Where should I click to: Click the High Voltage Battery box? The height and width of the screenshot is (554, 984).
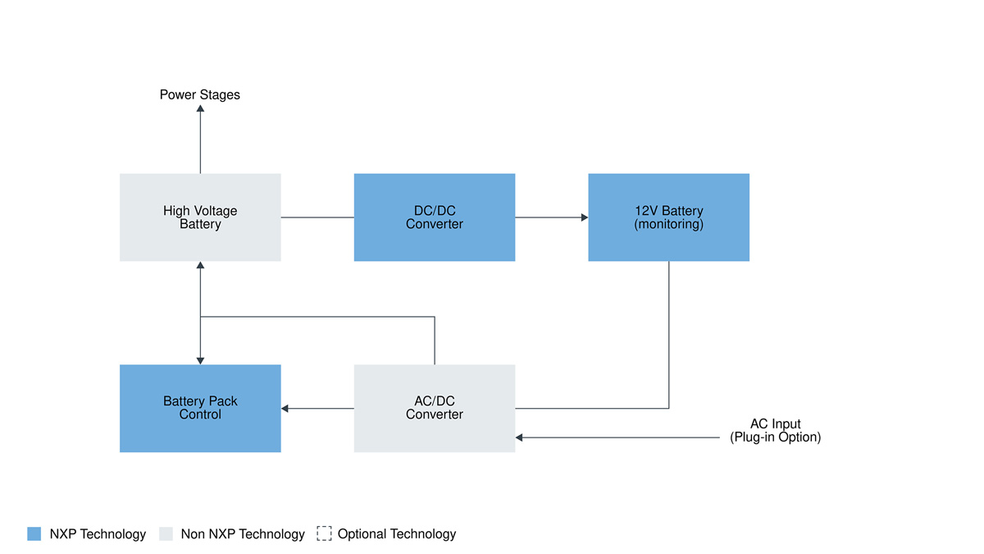[x=200, y=217]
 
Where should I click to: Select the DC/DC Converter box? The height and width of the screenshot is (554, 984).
[x=435, y=217]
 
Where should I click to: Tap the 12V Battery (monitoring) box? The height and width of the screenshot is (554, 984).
[x=668, y=217]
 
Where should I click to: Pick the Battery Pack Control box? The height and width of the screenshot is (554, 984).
[x=200, y=408]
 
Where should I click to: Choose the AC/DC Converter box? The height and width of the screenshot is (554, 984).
[x=435, y=408]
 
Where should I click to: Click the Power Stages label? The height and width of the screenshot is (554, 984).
[x=200, y=95]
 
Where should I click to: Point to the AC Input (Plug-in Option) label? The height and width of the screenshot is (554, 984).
[x=776, y=430]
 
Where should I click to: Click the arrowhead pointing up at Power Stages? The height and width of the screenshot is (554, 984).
[x=200, y=108]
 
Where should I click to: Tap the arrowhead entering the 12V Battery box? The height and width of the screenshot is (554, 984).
[x=585, y=217]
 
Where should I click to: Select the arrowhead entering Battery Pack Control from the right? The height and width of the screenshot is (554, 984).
[x=285, y=409]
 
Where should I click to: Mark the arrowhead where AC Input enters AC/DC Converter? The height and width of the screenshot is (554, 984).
[x=519, y=437]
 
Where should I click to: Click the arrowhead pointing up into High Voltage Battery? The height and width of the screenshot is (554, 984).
[x=200, y=265]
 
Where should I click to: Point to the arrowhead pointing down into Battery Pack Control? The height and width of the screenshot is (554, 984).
[x=200, y=361]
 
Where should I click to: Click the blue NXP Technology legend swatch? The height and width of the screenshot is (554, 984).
[x=34, y=533]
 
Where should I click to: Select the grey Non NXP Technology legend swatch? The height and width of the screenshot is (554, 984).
[x=166, y=533]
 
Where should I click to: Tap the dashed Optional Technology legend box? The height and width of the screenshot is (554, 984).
[x=324, y=533]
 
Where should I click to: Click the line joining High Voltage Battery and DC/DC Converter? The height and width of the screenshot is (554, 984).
[x=317, y=217]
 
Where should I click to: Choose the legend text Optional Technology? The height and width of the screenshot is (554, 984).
[x=397, y=534]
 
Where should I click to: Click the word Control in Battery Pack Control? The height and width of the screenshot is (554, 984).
[x=200, y=414]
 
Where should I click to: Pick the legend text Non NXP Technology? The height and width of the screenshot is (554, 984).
[x=243, y=534]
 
